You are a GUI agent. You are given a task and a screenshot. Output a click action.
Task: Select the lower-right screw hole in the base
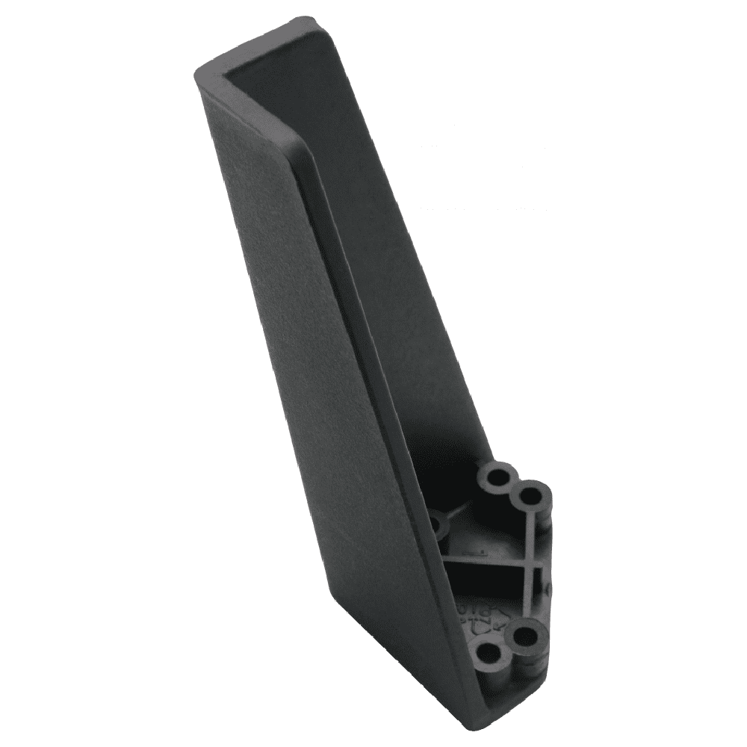pyautogui.click(x=526, y=636)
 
